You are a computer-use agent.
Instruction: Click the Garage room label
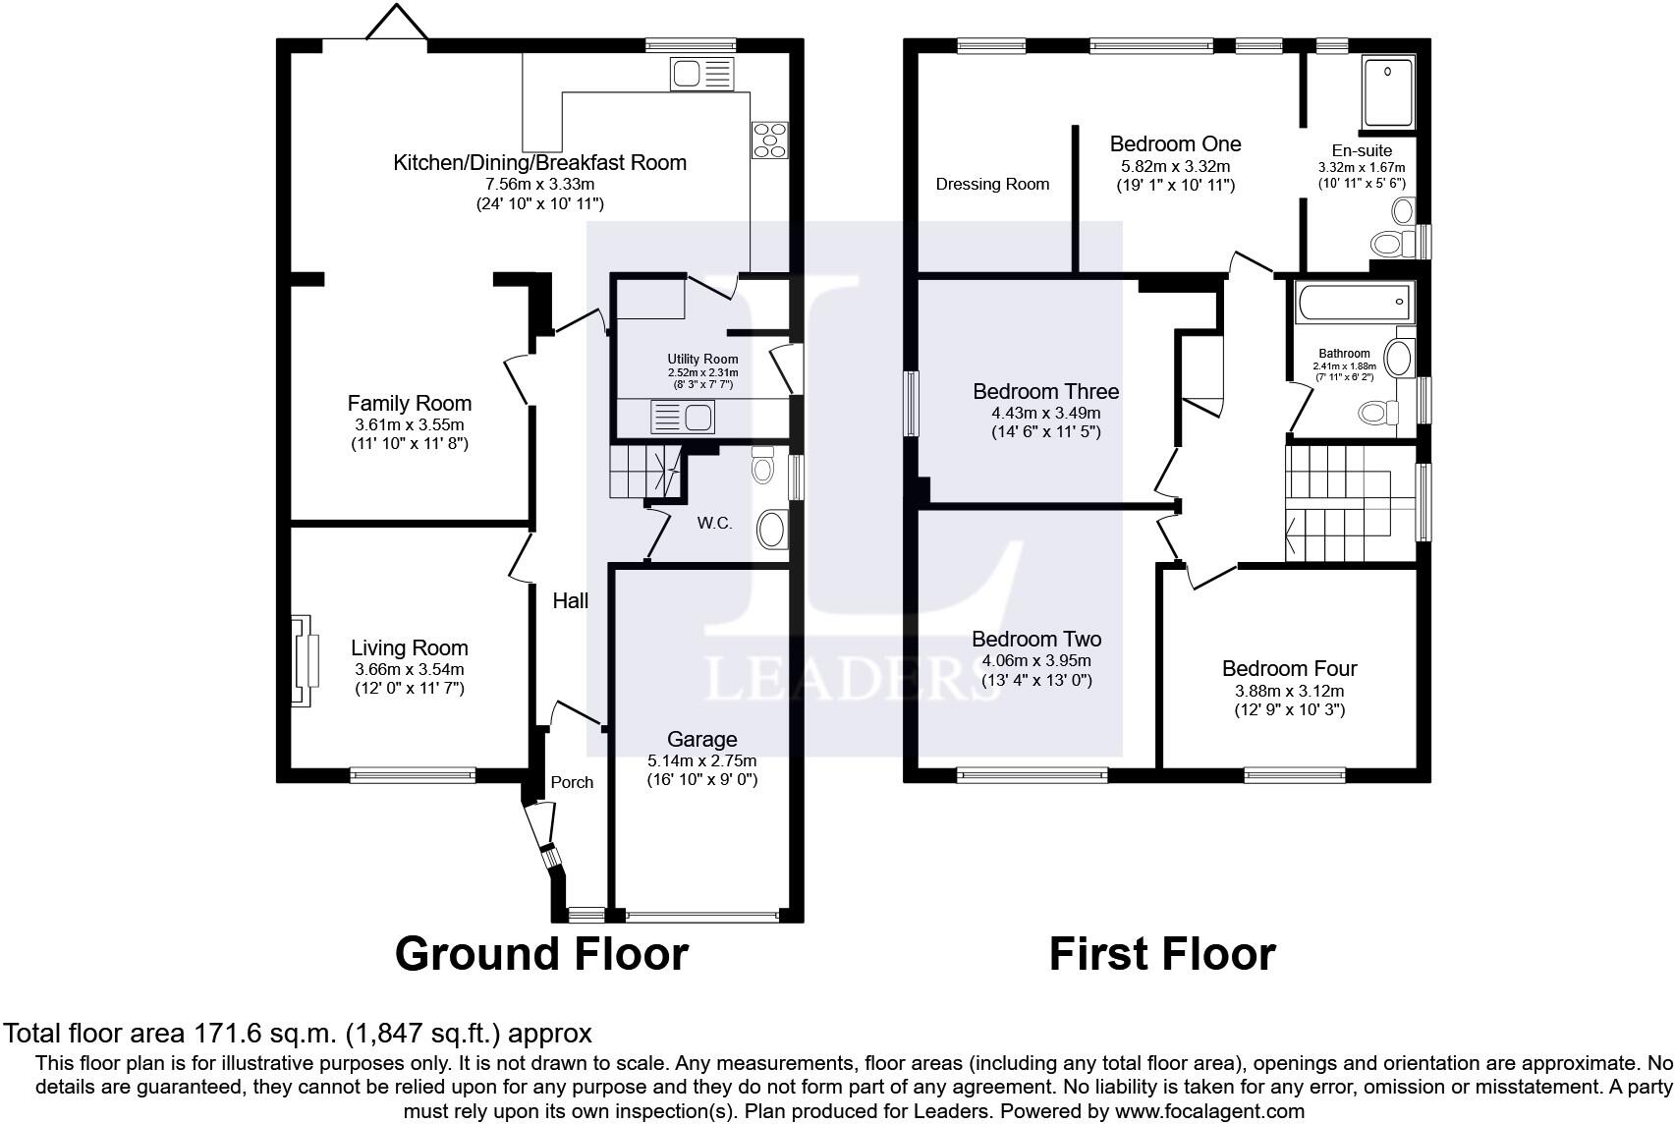tap(701, 739)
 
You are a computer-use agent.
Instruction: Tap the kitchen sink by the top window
tap(700, 74)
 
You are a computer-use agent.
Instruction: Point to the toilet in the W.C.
tap(762, 465)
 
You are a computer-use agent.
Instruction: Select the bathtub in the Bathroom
tap(1354, 302)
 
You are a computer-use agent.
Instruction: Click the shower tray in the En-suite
tap(1387, 92)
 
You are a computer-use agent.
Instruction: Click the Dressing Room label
tap(992, 184)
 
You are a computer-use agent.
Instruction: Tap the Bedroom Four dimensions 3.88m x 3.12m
tap(1289, 691)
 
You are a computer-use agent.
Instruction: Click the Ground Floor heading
tap(541, 954)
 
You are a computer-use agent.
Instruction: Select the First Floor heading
tap(1162, 954)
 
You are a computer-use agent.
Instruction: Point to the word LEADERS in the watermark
tap(850, 677)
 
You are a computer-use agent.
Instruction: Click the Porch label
tap(572, 782)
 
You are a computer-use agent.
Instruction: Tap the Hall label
tap(570, 600)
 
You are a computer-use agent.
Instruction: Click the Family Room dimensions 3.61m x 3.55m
tap(410, 424)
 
